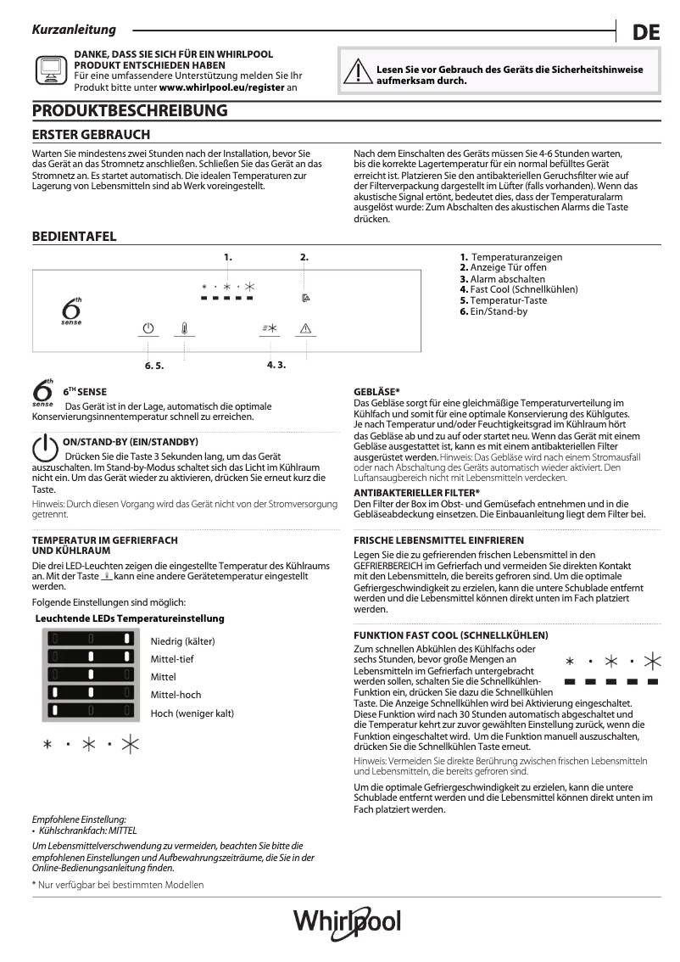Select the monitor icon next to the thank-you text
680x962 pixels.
pos(50,69)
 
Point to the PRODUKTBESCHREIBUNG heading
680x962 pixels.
pos(130,110)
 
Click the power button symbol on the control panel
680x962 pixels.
pos(149,328)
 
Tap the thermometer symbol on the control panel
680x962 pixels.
pos(184,328)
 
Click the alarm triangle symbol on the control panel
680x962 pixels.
pos(305,328)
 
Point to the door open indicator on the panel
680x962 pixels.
pos(305,298)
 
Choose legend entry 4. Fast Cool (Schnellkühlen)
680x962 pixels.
pos(519,289)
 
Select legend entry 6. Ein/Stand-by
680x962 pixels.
pos(493,311)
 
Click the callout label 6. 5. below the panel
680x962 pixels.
pos(153,366)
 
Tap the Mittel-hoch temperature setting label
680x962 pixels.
pos(176,695)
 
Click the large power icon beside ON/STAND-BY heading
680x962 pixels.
pos(45,450)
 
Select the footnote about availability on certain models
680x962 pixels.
pos(118,885)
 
